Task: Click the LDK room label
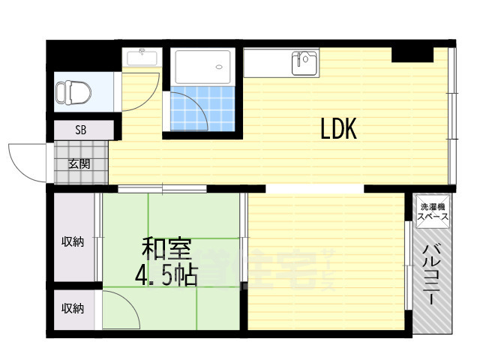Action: coord(338,130)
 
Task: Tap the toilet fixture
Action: coord(73,94)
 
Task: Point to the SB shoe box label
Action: coord(80,130)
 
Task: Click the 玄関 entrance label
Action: coord(80,163)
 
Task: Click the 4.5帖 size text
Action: coord(166,276)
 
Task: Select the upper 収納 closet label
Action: coord(73,241)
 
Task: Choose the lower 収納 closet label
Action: coord(73,308)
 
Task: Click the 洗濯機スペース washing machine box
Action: coord(433,211)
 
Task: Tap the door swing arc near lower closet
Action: coord(121,307)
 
